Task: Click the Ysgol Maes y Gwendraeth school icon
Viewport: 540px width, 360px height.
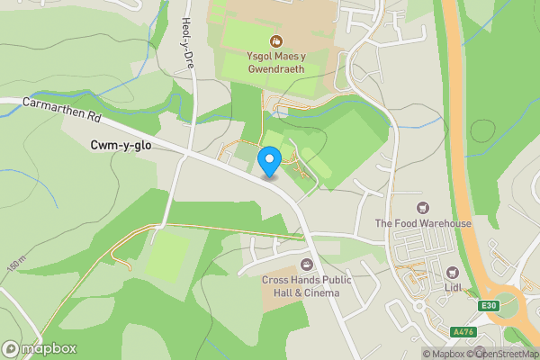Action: coord(276,40)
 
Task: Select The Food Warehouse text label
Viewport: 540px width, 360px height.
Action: coord(423,223)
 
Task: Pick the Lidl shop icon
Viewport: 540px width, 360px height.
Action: coord(453,272)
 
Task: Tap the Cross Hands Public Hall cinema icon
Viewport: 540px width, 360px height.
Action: coord(307,264)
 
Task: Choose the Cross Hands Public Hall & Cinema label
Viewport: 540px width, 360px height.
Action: coord(307,285)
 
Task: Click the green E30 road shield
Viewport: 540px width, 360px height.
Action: coord(489,306)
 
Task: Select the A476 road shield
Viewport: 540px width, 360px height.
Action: coord(463,332)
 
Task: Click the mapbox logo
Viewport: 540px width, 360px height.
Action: coord(40,349)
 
